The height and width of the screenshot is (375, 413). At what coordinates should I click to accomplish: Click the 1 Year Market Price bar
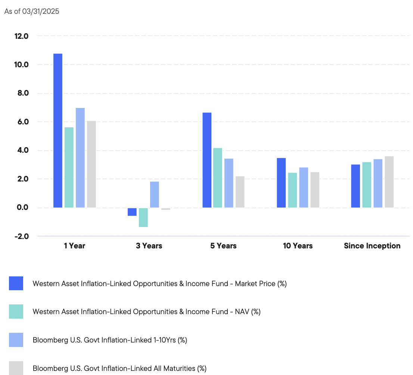(x=58, y=131)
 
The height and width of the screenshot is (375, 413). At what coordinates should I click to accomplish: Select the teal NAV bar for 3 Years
(x=143, y=217)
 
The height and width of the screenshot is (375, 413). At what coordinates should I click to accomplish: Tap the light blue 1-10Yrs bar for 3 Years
(x=155, y=195)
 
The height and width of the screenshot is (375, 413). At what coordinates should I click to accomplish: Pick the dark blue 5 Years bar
(x=207, y=160)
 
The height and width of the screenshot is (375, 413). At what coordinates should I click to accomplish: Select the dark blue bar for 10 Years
(x=281, y=183)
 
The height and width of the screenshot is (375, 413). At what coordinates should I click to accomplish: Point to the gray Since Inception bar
(x=389, y=182)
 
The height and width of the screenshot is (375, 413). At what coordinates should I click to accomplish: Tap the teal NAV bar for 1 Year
(x=69, y=167)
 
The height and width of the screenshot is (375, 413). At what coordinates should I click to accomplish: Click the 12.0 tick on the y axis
(x=21, y=36)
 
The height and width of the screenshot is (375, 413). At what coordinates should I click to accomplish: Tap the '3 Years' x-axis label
(x=149, y=246)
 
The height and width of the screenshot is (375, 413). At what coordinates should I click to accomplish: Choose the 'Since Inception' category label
(x=372, y=246)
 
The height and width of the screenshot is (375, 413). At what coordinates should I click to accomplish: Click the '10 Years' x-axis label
(x=298, y=246)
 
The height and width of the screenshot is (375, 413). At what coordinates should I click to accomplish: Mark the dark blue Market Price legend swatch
(x=16, y=283)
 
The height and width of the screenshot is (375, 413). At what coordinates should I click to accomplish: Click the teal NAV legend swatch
(x=16, y=312)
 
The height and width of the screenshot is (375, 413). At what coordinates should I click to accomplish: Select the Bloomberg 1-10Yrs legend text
(x=110, y=340)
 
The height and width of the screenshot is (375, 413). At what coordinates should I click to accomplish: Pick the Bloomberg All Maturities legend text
(x=119, y=368)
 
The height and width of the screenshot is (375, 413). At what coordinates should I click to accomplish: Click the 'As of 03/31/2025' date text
(x=32, y=12)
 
